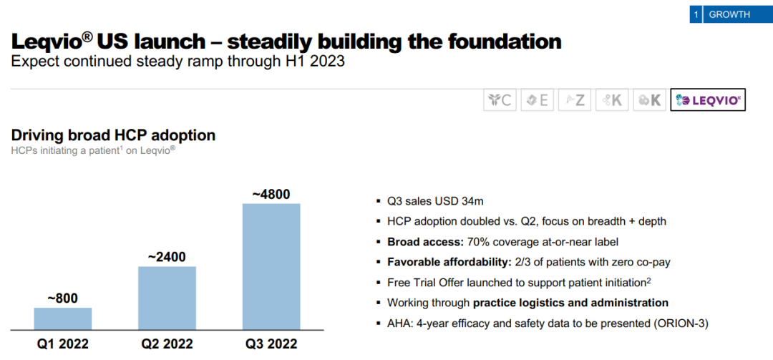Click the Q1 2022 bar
pos(63,318)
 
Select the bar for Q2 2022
pos(167,298)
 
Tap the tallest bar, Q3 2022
pos(271,266)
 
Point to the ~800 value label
pos(62,298)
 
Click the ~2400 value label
pos(167,257)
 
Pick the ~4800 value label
pos(271,195)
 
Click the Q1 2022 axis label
pos(63,344)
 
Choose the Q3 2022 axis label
pos(271,344)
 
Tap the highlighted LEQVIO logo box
pos(708,100)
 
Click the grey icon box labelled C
pos(499,100)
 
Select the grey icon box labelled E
pos(536,100)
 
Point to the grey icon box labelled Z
pos(573,100)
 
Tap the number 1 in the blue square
pos(696,14)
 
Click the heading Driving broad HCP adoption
pos(113,135)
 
